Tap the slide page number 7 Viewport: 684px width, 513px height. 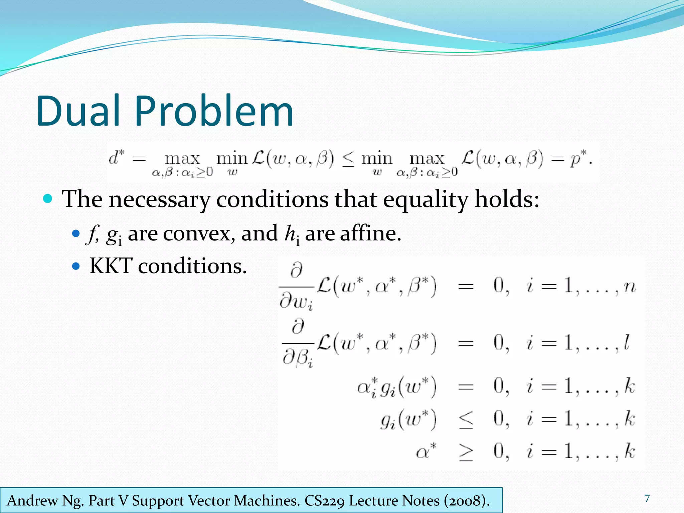click(x=647, y=499)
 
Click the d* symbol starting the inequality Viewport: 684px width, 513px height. click(x=116, y=158)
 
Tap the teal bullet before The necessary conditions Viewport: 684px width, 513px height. click(x=48, y=199)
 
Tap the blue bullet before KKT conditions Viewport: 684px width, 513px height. click(x=76, y=266)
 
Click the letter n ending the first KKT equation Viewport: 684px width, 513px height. click(x=630, y=287)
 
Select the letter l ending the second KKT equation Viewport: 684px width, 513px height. click(x=627, y=343)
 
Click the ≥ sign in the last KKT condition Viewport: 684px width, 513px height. click(x=466, y=453)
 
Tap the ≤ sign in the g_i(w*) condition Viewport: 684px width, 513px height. click(x=466, y=420)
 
